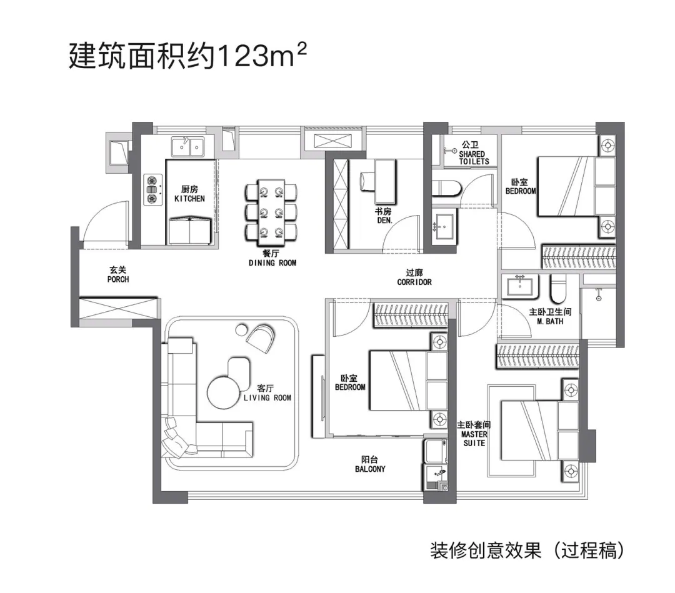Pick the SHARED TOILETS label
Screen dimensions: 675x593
(474, 157)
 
